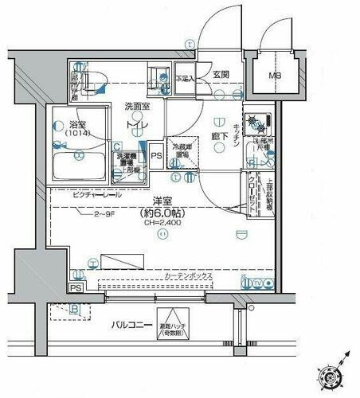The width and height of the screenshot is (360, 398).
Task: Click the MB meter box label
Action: (275, 76)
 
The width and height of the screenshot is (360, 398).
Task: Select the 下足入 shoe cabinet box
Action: (185, 78)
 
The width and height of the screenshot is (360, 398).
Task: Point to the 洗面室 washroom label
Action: (137, 106)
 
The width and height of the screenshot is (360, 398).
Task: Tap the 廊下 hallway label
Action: (221, 139)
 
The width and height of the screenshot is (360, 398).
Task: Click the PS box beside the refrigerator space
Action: (156, 156)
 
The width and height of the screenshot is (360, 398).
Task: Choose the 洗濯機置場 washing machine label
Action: (127, 160)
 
